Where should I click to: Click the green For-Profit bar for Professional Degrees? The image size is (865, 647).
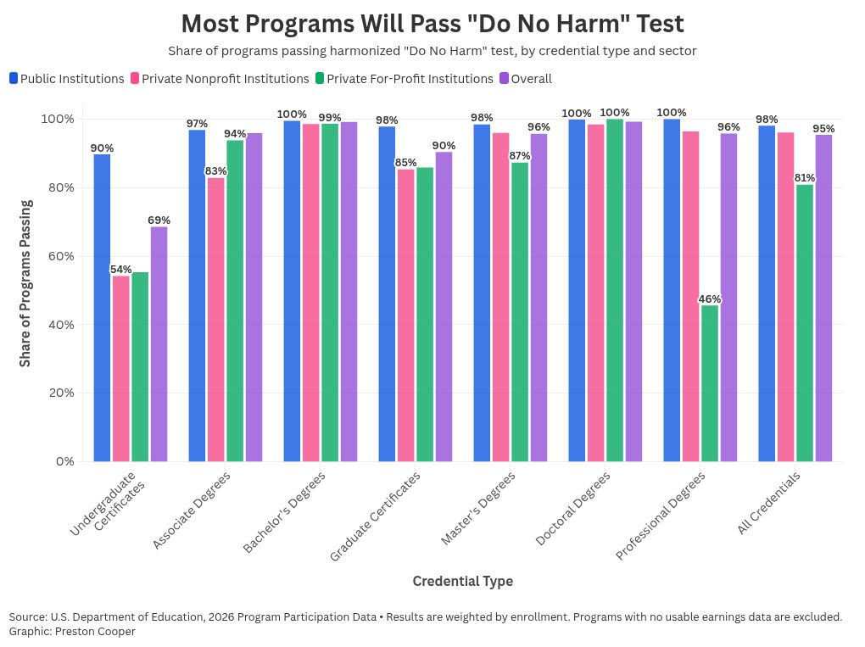tap(709, 383)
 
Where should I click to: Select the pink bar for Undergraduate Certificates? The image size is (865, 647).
tap(121, 368)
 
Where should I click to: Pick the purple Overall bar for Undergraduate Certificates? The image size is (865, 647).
tap(159, 343)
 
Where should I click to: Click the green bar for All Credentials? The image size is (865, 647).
tap(804, 322)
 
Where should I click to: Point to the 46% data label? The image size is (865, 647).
tap(709, 299)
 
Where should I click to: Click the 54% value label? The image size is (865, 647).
tap(121, 270)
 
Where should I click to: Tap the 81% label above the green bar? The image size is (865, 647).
tap(804, 178)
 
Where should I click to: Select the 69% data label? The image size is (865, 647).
tap(159, 220)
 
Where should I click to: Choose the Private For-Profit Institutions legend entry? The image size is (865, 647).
tap(404, 79)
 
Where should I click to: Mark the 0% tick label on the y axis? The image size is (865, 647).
tap(68, 461)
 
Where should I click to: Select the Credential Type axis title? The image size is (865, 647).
tap(462, 581)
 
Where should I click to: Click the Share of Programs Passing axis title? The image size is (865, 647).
tap(25, 283)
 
